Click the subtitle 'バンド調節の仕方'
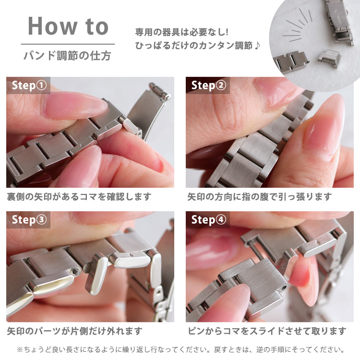tap(68, 56)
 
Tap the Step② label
tap(208, 86)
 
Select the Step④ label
tap(208, 220)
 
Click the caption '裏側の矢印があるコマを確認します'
tap(79, 197)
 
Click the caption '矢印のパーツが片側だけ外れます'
tap(74, 331)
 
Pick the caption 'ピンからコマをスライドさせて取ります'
tap(266, 331)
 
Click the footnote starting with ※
tap(180, 349)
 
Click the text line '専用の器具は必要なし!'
tap(181, 33)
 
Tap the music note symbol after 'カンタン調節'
tap(257, 46)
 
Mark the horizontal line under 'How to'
tap(68, 44)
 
